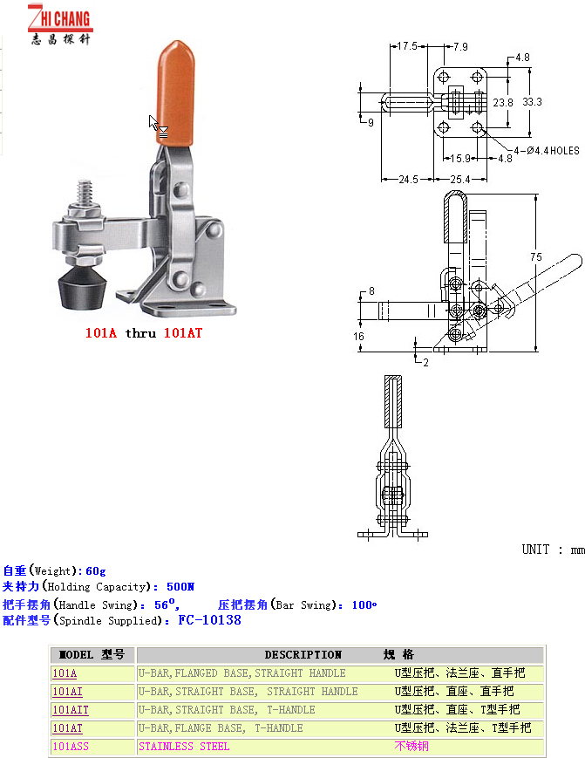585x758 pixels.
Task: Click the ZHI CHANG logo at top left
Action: click(60, 24)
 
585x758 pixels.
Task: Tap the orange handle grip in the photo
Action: click(176, 92)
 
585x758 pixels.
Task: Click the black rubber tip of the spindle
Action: click(82, 288)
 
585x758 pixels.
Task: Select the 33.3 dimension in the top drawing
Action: click(533, 102)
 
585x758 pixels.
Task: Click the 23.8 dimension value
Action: click(503, 102)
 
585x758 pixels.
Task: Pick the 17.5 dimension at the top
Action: click(407, 46)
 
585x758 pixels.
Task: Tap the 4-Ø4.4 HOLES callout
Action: click(547, 151)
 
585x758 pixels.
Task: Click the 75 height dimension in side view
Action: click(536, 257)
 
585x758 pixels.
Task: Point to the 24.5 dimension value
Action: click(408, 180)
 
